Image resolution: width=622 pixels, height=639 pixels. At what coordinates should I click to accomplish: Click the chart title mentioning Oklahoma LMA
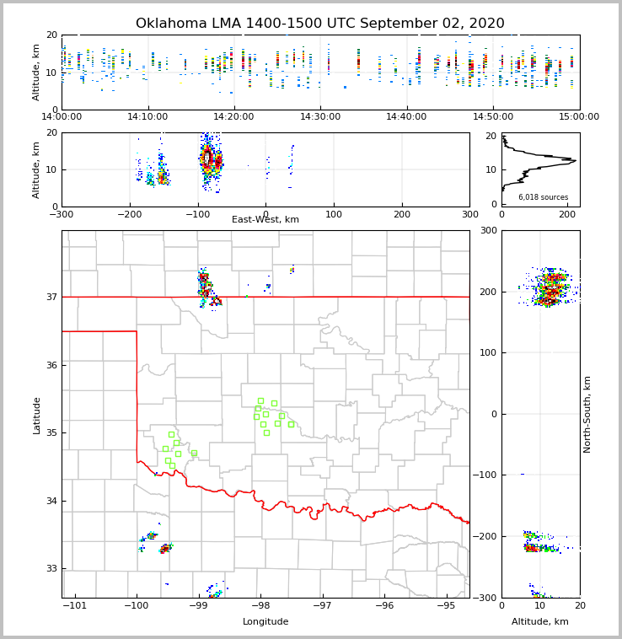[x=319, y=24]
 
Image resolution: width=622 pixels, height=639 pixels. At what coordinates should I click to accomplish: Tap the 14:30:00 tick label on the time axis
[x=320, y=116]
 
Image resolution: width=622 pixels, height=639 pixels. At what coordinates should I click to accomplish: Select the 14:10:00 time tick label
[x=147, y=116]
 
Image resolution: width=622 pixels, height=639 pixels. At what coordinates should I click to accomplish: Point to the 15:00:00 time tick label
[x=579, y=116]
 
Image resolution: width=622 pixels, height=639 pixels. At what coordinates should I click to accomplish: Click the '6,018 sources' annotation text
[x=543, y=197]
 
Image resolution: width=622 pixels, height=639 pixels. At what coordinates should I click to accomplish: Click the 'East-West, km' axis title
[x=265, y=220]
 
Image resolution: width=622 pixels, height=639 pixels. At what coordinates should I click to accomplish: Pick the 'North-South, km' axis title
[x=587, y=414]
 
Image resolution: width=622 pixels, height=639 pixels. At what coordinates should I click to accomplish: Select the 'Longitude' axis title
[x=265, y=622]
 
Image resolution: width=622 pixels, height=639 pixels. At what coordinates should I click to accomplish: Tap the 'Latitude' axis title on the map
[x=36, y=415]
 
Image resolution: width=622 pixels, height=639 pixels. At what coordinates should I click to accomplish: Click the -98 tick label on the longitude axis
[x=260, y=606]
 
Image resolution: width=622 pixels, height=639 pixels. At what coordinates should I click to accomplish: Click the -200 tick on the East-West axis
[x=130, y=214]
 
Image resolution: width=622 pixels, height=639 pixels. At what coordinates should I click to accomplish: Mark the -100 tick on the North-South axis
[x=487, y=475]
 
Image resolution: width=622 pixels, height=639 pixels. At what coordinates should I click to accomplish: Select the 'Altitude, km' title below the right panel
[x=540, y=622]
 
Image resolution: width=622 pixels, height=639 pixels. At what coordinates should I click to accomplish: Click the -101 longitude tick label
[x=75, y=606]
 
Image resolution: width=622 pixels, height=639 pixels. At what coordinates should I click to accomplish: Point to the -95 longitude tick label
[x=446, y=606]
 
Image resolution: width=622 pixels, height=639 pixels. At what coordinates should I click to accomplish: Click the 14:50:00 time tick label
[x=493, y=116]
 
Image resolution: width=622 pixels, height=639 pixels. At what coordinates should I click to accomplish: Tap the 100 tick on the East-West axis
[x=334, y=214]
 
